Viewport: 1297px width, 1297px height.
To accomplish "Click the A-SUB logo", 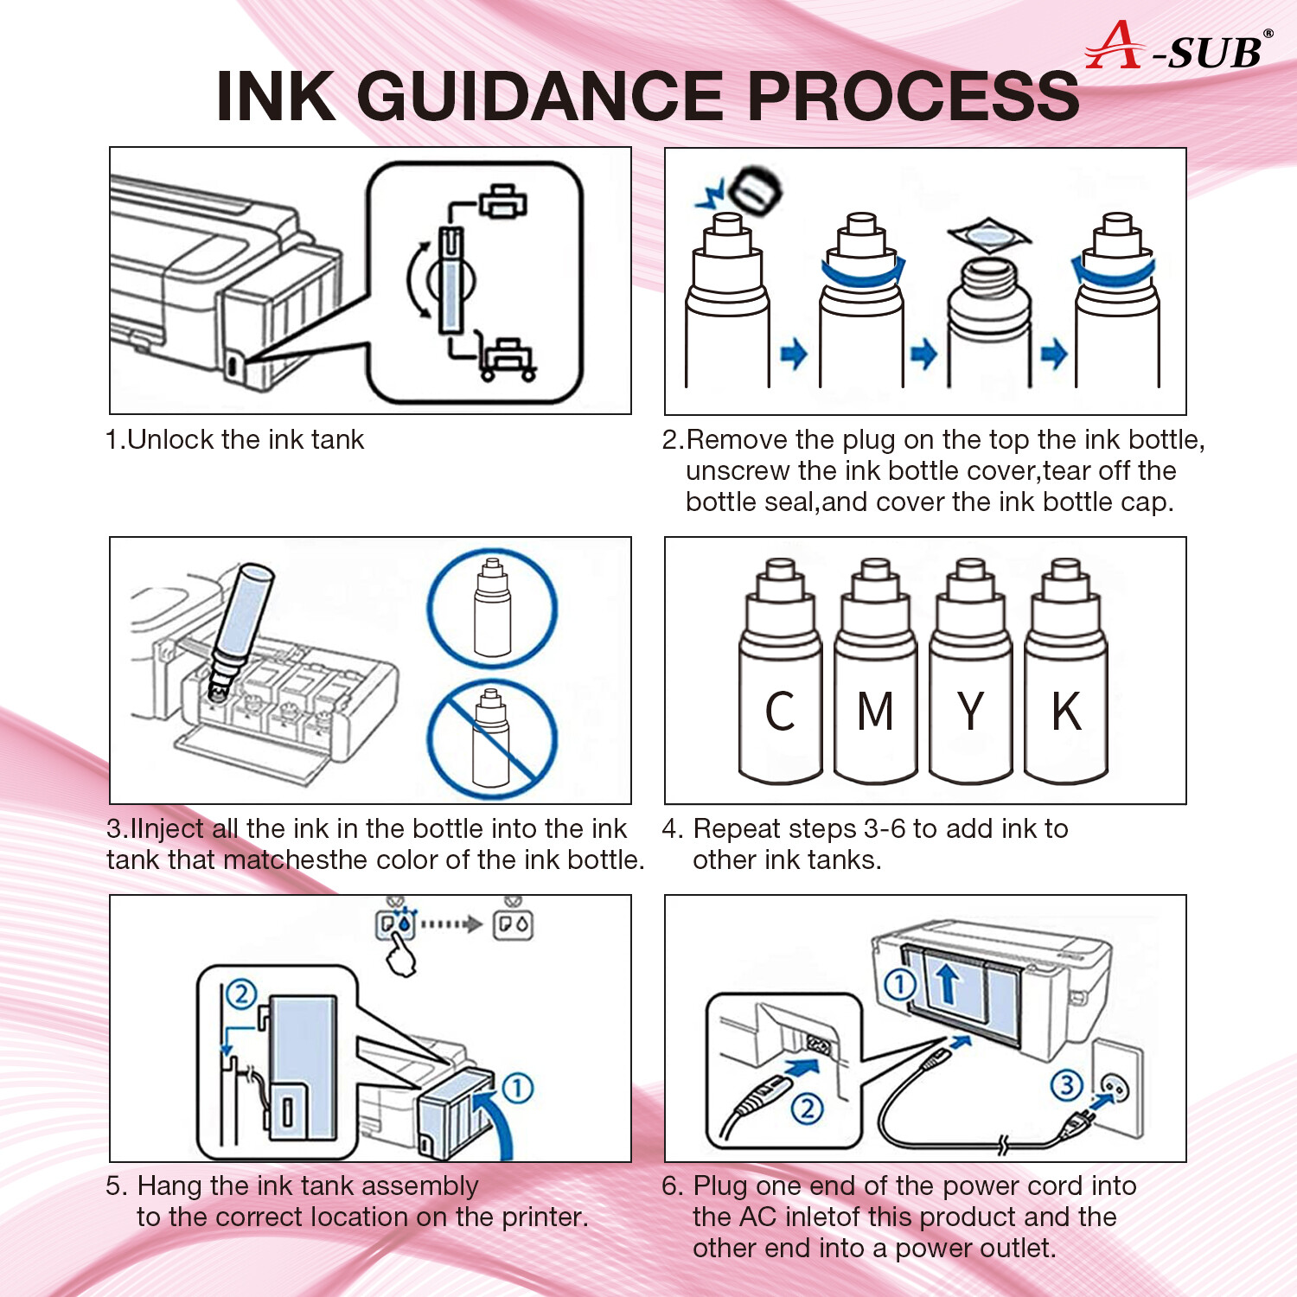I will pyautogui.click(x=1178, y=48).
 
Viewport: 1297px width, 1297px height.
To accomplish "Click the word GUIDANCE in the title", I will pyautogui.click(x=540, y=96).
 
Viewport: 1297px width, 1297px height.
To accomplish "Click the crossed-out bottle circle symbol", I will pyautogui.click(x=492, y=739).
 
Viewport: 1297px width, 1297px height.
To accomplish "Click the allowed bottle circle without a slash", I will pyautogui.click(x=492, y=609).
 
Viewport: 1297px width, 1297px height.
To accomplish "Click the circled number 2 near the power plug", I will pyautogui.click(x=808, y=1108).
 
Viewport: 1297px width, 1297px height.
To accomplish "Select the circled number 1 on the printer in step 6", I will pyautogui.click(x=899, y=984).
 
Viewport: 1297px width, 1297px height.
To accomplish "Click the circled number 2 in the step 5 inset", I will pyautogui.click(x=241, y=994).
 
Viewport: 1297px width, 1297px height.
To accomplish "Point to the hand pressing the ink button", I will pyautogui.click(x=400, y=956).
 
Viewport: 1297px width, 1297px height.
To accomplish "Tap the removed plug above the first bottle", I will pyautogui.click(x=754, y=189).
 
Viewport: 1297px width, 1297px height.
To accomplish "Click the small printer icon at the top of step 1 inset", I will pyautogui.click(x=502, y=201).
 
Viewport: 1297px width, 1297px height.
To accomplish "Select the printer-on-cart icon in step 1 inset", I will pyautogui.click(x=508, y=359).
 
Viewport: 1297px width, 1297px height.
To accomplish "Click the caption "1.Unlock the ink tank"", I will pyautogui.click(x=234, y=439).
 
